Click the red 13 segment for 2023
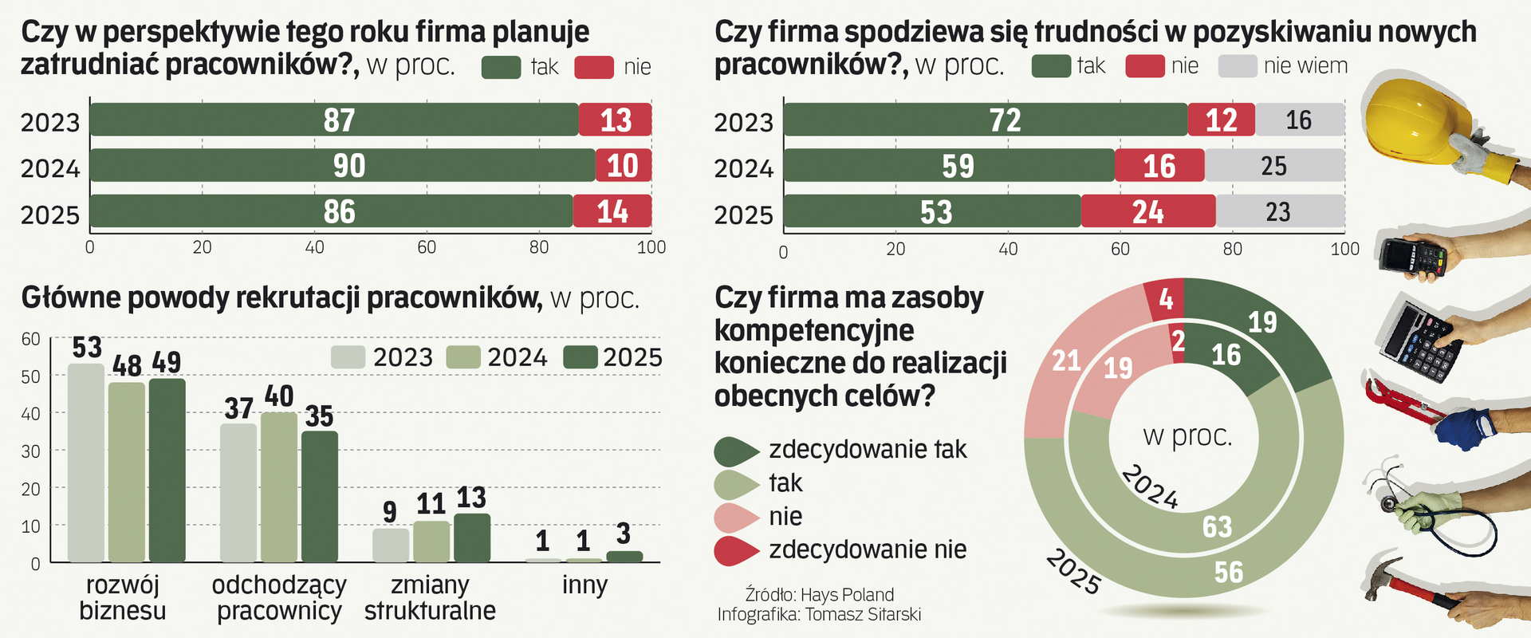pyautogui.click(x=615, y=120)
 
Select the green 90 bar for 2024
pyautogui.click(x=343, y=166)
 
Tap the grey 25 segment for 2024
pyautogui.click(x=1273, y=166)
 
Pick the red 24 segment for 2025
pyautogui.click(x=1148, y=211)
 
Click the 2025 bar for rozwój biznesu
pyautogui.click(x=167, y=471)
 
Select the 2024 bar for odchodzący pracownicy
pyautogui.click(x=279, y=486)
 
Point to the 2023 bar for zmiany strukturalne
pyautogui.click(x=391, y=545)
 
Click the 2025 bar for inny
pyautogui.click(x=624, y=557)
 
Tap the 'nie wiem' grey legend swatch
pyautogui.click(x=1238, y=66)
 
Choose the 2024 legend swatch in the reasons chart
pyautogui.click(x=463, y=357)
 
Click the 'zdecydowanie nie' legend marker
pyautogui.click(x=735, y=550)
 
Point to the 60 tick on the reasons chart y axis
pyautogui.click(x=31, y=339)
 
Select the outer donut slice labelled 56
pyautogui.click(x=1228, y=571)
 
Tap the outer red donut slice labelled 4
pyautogui.click(x=1166, y=299)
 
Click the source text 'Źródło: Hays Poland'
pyautogui.click(x=819, y=595)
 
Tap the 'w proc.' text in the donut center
pyautogui.click(x=1187, y=436)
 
